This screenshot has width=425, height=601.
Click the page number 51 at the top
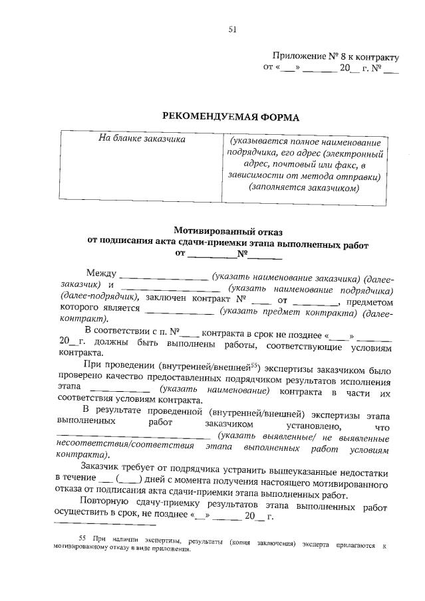(232, 29)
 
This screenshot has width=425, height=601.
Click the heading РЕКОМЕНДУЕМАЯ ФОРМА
(231, 118)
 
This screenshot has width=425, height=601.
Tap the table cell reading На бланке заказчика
(142, 139)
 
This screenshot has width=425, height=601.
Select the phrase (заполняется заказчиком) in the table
(304, 188)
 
